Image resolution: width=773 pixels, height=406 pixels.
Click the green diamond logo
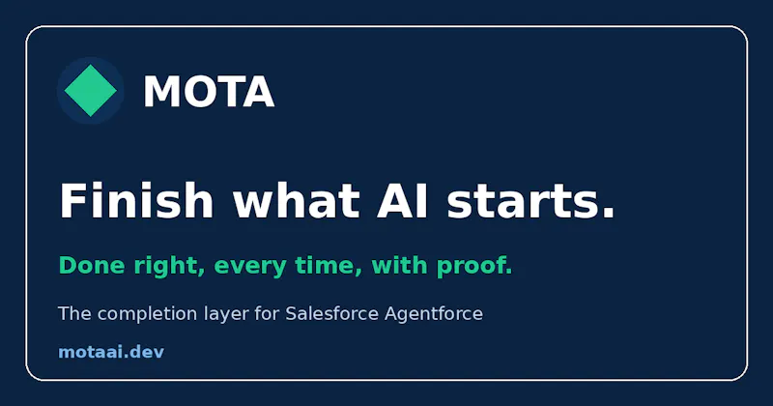[x=90, y=90]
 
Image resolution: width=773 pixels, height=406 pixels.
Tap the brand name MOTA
[x=209, y=91]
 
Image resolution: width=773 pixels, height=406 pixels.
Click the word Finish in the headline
[x=136, y=200]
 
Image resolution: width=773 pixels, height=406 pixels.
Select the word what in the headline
[x=297, y=200]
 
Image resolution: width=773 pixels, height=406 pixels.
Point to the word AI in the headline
[x=402, y=201]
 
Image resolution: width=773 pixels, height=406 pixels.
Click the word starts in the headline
[x=523, y=201]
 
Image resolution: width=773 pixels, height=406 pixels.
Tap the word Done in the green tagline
[x=91, y=266]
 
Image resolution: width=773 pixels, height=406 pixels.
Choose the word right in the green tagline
[x=166, y=267]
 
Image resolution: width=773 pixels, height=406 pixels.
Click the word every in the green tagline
[x=250, y=268]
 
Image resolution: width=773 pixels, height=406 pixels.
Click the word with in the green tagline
[x=399, y=265]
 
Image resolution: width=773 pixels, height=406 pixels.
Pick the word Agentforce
[x=434, y=314]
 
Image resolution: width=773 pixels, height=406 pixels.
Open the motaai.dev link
[x=111, y=352]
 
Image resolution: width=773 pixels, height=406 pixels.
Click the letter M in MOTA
[x=159, y=91]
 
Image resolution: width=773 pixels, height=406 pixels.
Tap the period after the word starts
[x=609, y=213]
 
